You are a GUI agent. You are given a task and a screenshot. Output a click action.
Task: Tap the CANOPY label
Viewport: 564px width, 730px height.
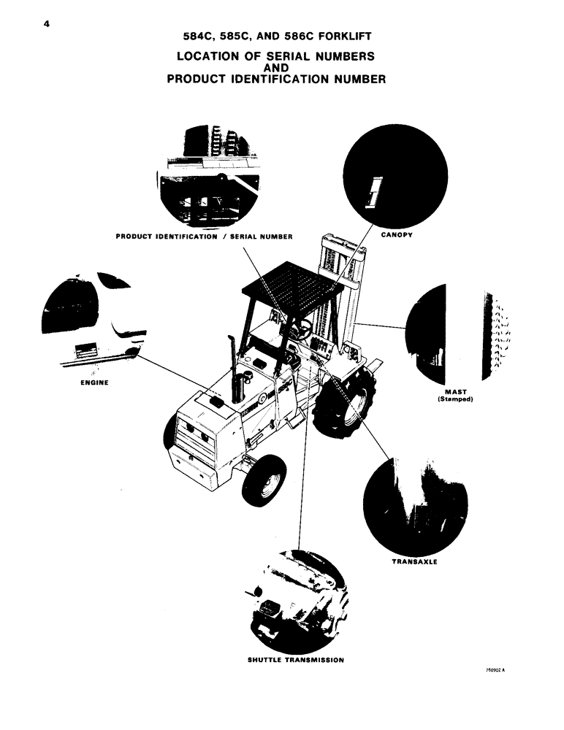(x=398, y=236)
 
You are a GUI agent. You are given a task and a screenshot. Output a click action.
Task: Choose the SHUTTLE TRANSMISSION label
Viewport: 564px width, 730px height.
(x=296, y=658)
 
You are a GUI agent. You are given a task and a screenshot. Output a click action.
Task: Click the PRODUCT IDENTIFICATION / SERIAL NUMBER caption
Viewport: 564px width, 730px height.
(x=205, y=237)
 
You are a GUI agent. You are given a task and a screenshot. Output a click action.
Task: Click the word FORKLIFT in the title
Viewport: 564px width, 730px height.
(x=348, y=36)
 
